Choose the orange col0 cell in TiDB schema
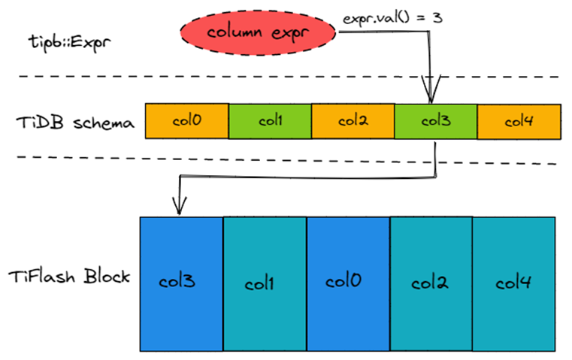(186, 120)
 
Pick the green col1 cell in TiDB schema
(270, 120)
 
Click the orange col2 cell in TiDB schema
(353, 120)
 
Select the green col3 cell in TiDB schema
(435, 120)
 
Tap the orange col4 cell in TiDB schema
(519, 120)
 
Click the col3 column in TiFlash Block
(181, 283)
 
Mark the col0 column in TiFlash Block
(348, 283)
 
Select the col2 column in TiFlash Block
(431, 283)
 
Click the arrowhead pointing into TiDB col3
(430, 97)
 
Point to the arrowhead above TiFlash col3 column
(179, 205)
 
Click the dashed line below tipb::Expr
(286, 77)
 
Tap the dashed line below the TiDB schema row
(286, 159)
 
